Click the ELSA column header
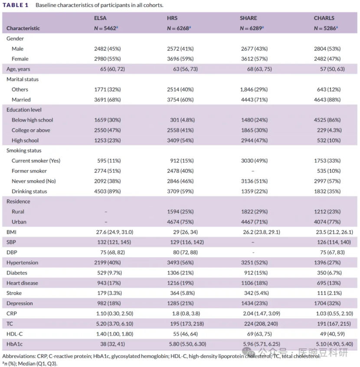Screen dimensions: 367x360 coord(100,18)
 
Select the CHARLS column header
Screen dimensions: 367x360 coord(324,18)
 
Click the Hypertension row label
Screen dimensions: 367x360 coord(22,262)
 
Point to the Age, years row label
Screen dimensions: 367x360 coord(18,69)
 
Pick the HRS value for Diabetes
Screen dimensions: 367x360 coord(179,273)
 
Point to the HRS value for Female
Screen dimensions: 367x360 coord(179,59)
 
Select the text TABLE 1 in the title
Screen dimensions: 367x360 coord(16,5)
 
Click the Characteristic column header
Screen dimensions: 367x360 coord(23,28)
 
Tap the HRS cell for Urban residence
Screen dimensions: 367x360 coord(179,222)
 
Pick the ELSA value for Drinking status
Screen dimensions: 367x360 coord(107,191)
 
